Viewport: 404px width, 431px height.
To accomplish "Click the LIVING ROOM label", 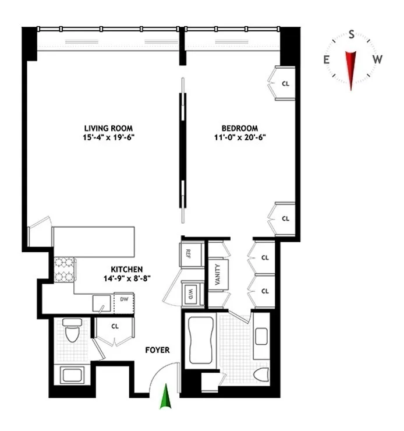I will (x=108, y=128).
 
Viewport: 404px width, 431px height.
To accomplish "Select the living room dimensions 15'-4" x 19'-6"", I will (x=108, y=138).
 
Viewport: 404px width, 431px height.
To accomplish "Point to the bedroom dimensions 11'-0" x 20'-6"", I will (x=239, y=138).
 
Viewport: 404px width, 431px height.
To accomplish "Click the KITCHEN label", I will (x=127, y=270).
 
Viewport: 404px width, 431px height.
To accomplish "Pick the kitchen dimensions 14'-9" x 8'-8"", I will (x=127, y=279).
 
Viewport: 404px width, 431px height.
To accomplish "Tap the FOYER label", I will (x=157, y=350).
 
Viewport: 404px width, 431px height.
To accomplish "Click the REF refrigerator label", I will (x=189, y=254).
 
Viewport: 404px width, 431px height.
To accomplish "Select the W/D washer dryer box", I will (x=190, y=294).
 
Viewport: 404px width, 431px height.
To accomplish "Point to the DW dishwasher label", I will (x=124, y=299).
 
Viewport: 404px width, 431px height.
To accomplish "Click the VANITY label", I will (x=217, y=274).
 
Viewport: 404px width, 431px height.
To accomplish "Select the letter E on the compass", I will (x=327, y=59).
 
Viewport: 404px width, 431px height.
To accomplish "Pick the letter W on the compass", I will (x=377, y=59).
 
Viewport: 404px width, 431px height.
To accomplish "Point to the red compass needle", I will (x=351, y=68).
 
